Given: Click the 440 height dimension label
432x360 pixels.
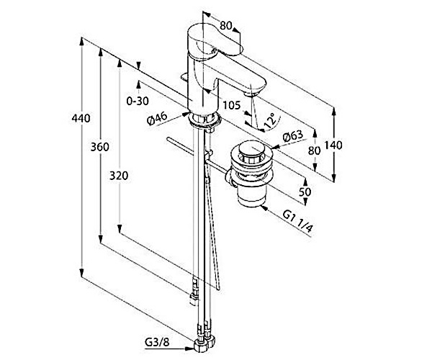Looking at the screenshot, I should pyautogui.click(x=81, y=119).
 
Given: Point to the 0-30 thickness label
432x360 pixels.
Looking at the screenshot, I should pyautogui.click(x=138, y=102).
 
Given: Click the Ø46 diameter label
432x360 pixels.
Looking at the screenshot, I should pyautogui.click(x=156, y=121).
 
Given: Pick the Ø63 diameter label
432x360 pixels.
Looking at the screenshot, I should pyautogui.click(x=292, y=136).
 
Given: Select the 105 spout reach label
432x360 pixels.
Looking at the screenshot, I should pyautogui.click(x=232, y=105).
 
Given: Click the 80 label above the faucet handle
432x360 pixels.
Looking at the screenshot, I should pyautogui.click(x=226, y=26).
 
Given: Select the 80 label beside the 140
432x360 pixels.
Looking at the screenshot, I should pyautogui.click(x=312, y=150).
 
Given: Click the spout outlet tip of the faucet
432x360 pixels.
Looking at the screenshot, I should pyautogui.click(x=253, y=91).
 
